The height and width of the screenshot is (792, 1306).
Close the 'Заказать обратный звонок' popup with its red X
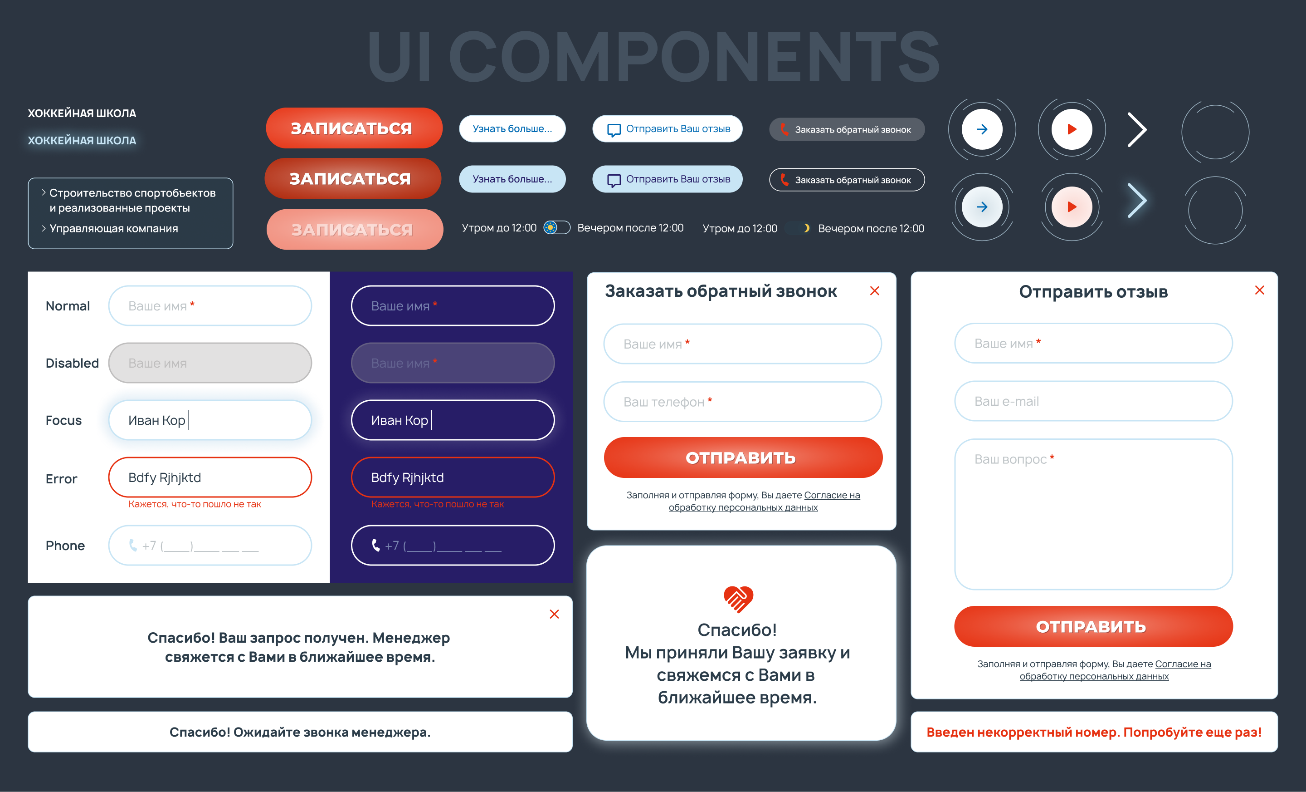click(x=875, y=290)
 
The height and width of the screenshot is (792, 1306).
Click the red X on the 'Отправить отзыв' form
click(x=1259, y=290)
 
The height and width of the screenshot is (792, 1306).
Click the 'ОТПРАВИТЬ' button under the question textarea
click(x=1093, y=626)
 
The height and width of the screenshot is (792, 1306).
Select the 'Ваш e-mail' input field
click(x=1093, y=402)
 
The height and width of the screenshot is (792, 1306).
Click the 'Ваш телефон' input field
click(x=742, y=402)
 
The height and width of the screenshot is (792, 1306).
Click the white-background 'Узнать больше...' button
click(x=512, y=129)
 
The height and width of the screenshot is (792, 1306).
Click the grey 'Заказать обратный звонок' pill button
click(x=847, y=129)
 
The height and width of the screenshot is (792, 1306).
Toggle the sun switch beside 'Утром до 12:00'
click(x=556, y=227)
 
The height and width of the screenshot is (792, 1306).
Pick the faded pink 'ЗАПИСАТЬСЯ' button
click(x=355, y=230)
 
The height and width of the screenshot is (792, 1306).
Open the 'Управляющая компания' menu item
click(x=113, y=228)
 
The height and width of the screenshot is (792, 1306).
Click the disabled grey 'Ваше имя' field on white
click(x=210, y=363)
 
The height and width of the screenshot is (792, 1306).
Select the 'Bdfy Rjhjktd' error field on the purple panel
click(x=453, y=477)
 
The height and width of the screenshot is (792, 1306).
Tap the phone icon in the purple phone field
click(x=376, y=546)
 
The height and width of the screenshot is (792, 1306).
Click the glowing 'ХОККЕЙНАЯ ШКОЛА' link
click(x=82, y=141)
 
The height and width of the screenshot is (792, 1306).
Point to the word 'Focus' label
click(x=63, y=421)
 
